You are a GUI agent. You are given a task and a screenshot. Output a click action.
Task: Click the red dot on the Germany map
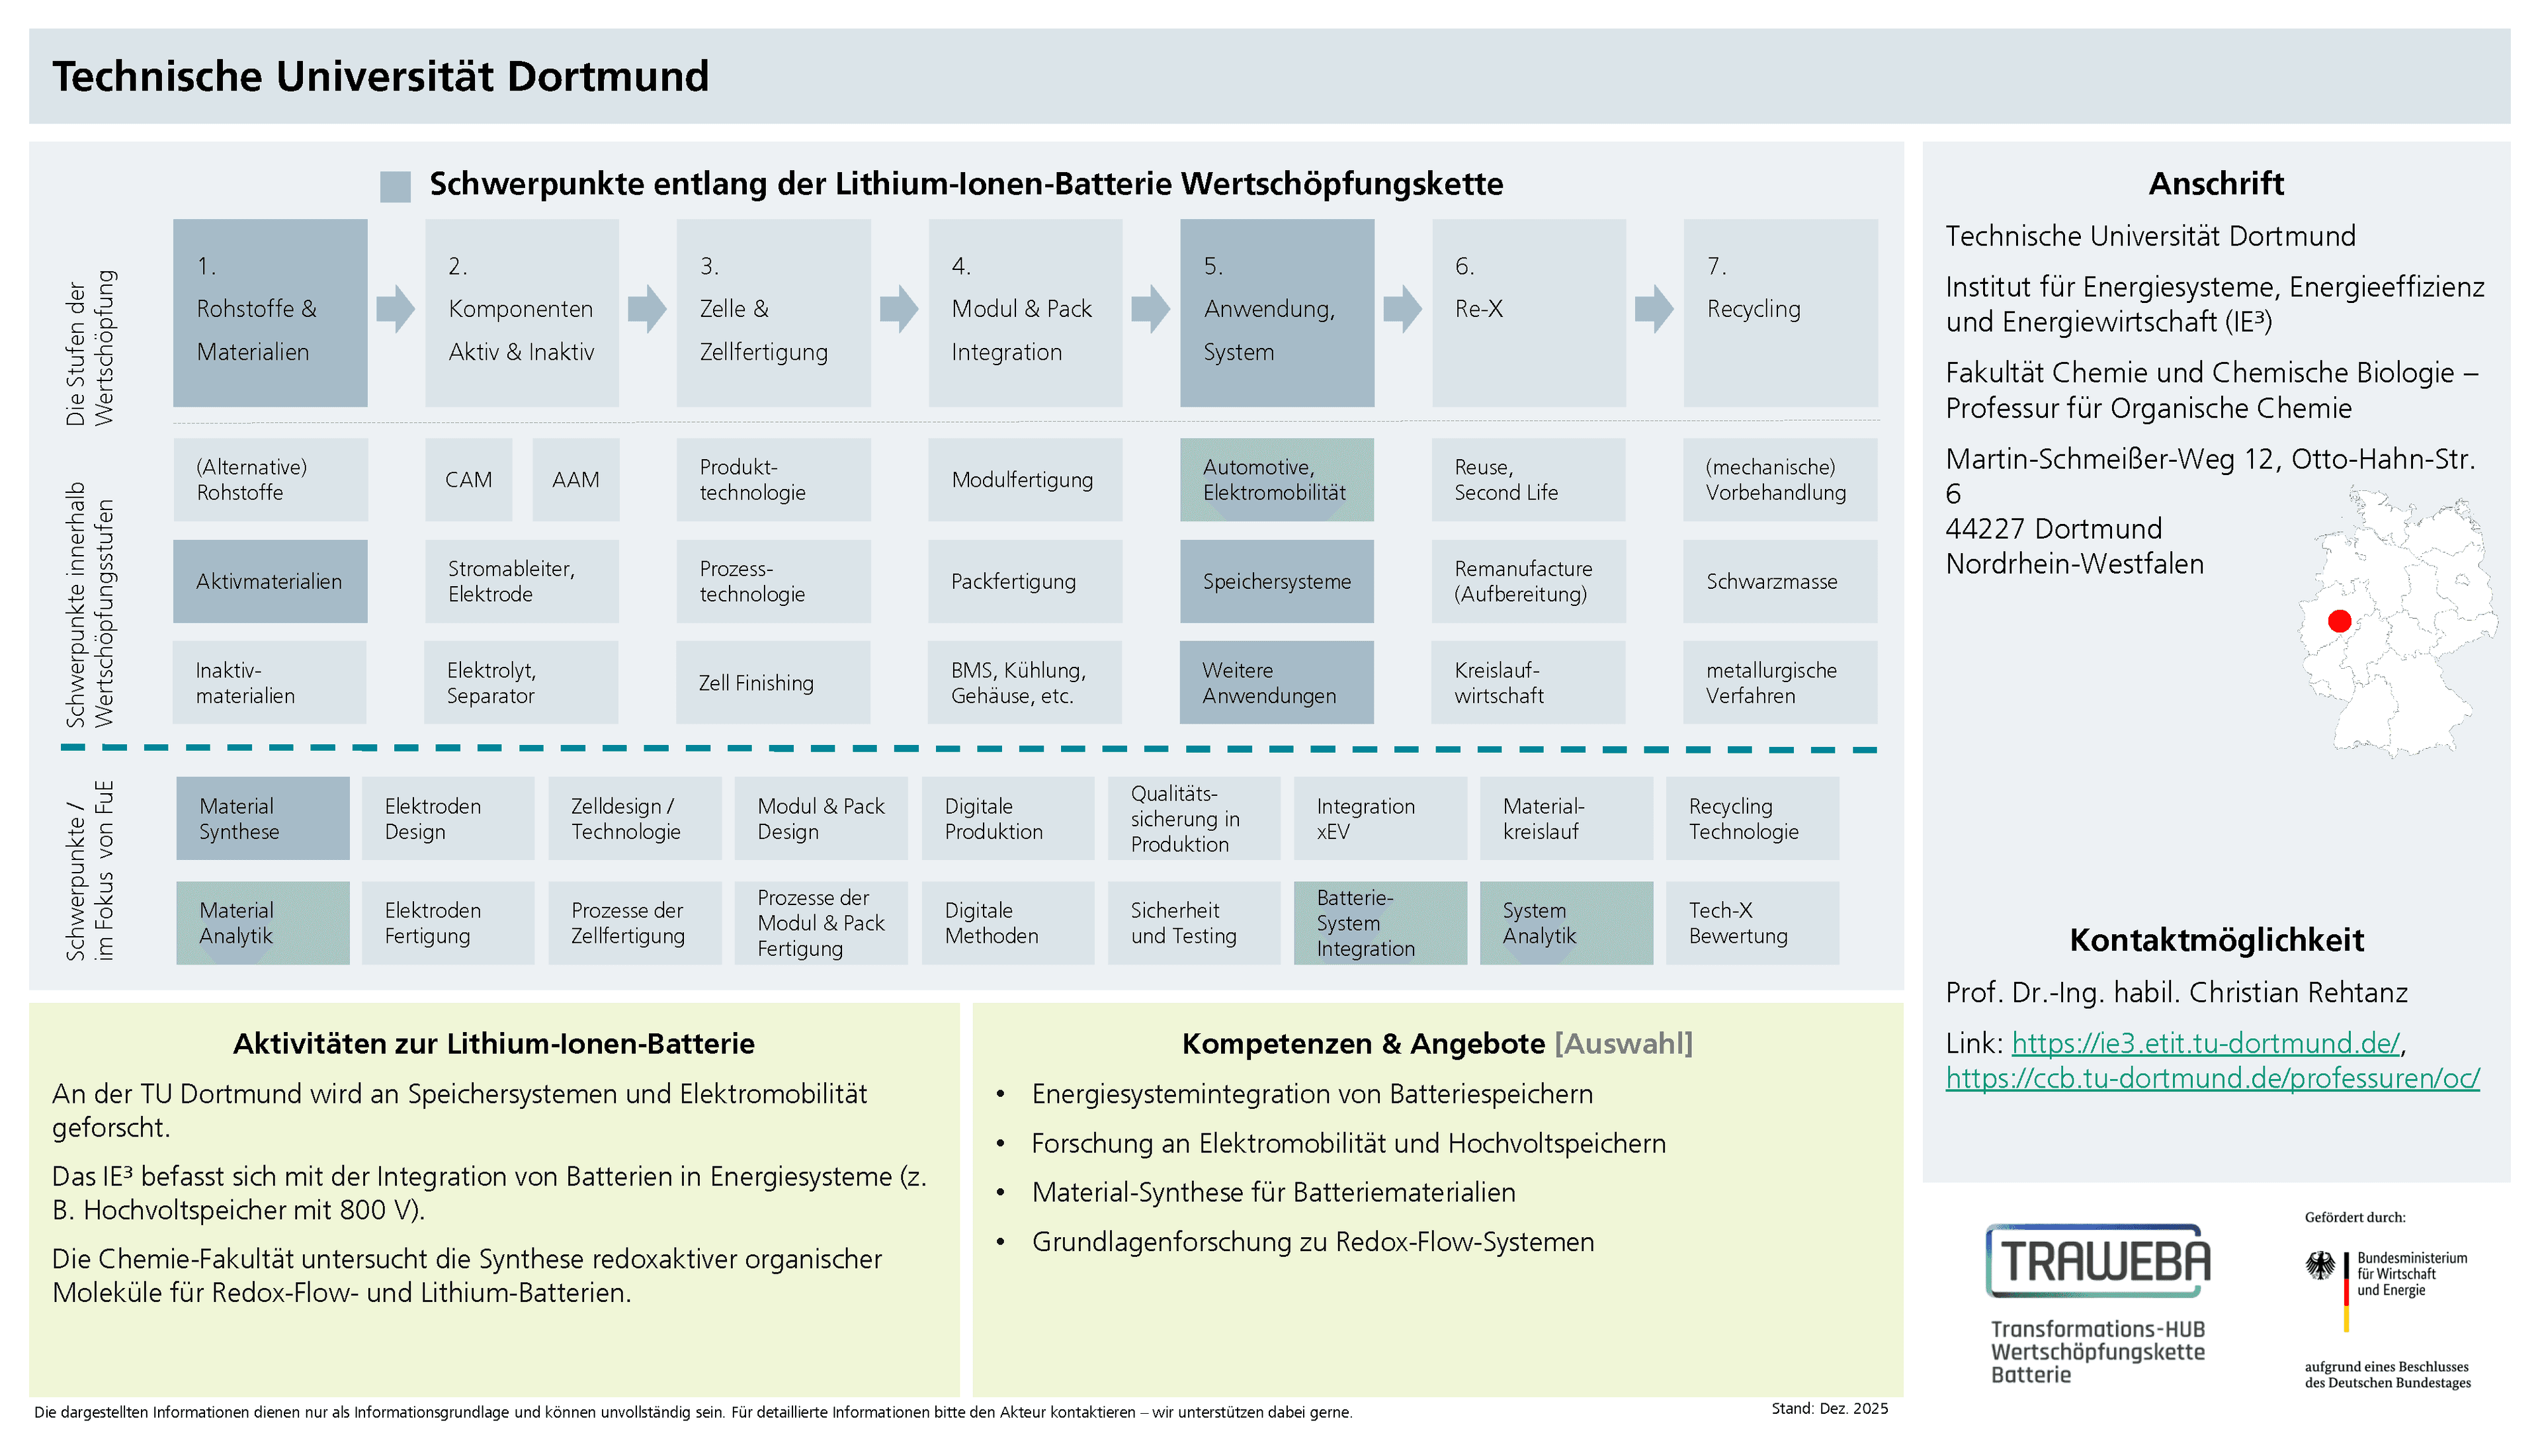pos(2339,621)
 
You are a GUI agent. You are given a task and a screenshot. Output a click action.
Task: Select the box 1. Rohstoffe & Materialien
pos(270,313)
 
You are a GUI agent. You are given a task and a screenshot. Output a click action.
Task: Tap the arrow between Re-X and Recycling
pos(1654,309)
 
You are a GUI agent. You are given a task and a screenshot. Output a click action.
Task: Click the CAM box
pos(468,479)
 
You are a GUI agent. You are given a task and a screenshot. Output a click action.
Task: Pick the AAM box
pos(576,479)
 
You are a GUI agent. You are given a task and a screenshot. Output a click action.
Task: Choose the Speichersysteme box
pos(1276,581)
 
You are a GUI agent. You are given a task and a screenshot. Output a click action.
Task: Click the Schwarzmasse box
pos(1780,581)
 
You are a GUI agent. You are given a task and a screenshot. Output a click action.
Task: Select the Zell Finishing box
pos(773,683)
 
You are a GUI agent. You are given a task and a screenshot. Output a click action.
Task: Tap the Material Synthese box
pos(263,818)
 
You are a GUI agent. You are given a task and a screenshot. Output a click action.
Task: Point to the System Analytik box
pos(1566,923)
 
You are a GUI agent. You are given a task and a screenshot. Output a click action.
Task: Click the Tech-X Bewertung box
pos(1752,923)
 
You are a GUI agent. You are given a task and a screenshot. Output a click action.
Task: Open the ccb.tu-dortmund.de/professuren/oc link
pos(2212,1078)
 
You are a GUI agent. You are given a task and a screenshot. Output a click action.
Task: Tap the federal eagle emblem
pos(2320,1266)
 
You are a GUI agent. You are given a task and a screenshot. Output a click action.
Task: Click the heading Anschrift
pos(2216,183)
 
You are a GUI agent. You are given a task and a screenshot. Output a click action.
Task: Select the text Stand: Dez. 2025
pos(1829,1408)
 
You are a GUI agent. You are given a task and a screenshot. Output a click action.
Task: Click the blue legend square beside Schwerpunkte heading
pos(396,185)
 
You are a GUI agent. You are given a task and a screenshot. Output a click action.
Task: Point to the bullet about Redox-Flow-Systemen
pos(1312,1242)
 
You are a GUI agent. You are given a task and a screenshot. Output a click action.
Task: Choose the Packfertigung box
pos(1025,581)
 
